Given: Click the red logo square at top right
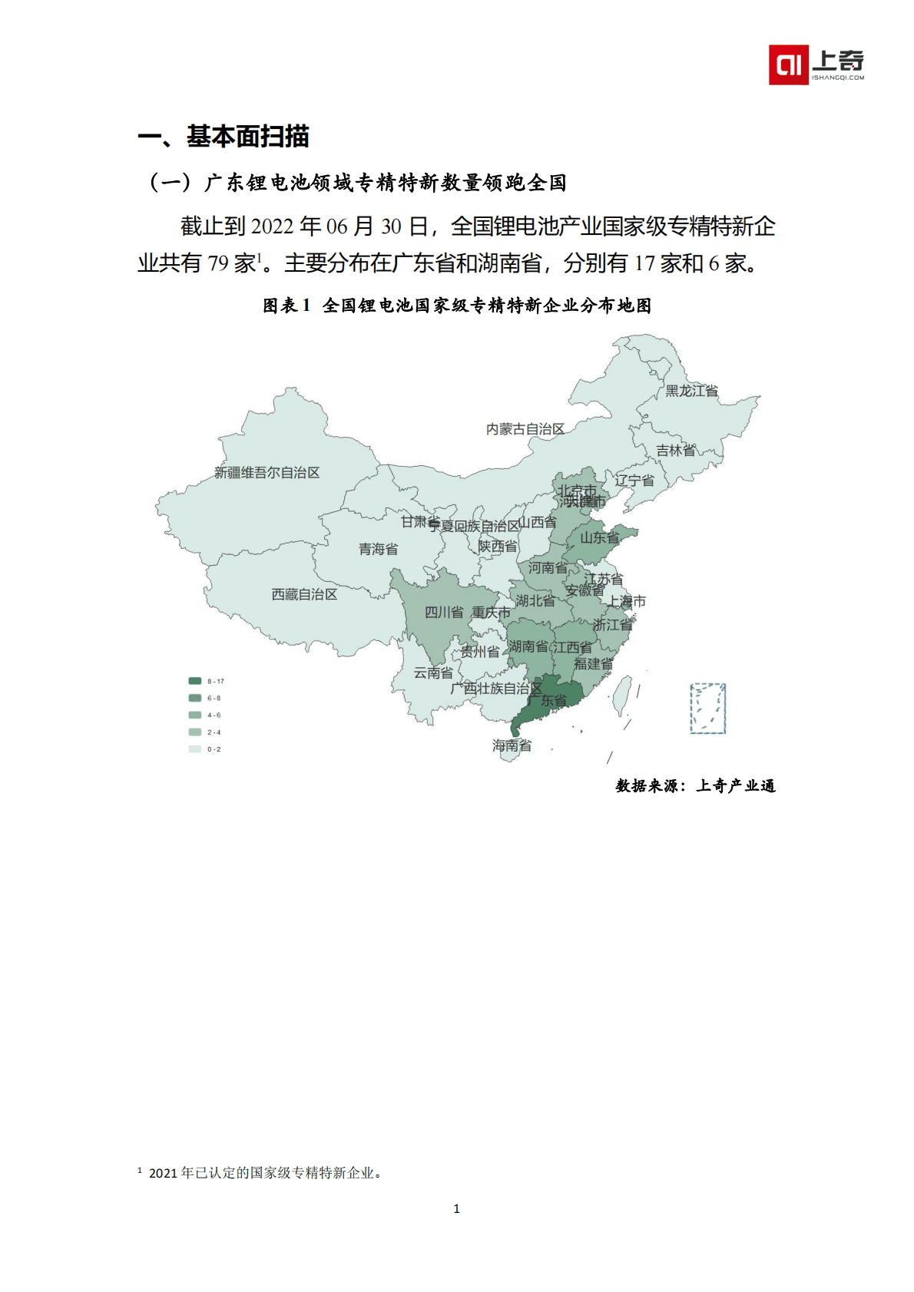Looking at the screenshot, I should [x=788, y=64].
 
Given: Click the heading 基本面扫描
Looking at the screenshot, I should [x=247, y=137].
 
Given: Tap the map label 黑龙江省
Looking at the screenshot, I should [x=691, y=391].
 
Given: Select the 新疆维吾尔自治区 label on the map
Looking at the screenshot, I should [x=267, y=473].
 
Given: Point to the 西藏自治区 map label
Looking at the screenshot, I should [x=304, y=594].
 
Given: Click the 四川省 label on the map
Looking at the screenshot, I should [x=444, y=612].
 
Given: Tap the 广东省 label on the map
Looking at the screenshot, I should [x=547, y=700].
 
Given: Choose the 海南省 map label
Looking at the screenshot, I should [x=512, y=745].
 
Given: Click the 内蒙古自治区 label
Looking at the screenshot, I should [x=525, y=429].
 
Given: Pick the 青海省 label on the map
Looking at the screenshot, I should [x=378, y=549].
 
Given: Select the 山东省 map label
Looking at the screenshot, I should [x=599, y=537].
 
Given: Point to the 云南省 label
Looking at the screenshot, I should [x=433, y=672].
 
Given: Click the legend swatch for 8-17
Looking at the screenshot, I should [x=195, y=681].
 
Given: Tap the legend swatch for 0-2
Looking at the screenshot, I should [x=195, y=749].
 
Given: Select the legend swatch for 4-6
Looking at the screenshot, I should [x=195, y=715].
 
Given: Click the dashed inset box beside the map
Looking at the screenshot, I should [x=707, y=708].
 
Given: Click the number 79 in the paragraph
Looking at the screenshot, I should [x=218, y=263].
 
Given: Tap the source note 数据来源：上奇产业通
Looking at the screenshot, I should [x=695, y=785].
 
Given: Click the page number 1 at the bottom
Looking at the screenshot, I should [x=457, y=1208].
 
